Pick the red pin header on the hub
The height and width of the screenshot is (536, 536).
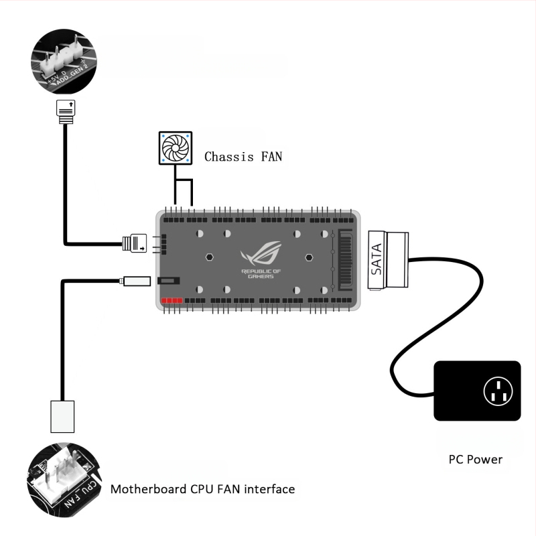coord(172,301)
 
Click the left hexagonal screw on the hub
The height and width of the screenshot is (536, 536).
coord(209,257)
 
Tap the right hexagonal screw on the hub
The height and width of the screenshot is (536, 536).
coord(309,257)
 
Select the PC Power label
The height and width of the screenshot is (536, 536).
coord(475,460)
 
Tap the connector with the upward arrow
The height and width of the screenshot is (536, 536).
coord(65,111)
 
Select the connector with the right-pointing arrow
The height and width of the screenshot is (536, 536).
coord(136,243)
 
